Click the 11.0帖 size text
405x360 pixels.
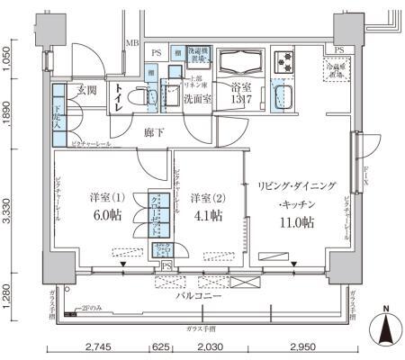(x=297, y=221)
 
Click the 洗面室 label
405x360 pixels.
(x=197, y=99)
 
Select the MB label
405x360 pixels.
(x=131, y=42)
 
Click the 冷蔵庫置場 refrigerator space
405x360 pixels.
(x=338, y=67)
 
